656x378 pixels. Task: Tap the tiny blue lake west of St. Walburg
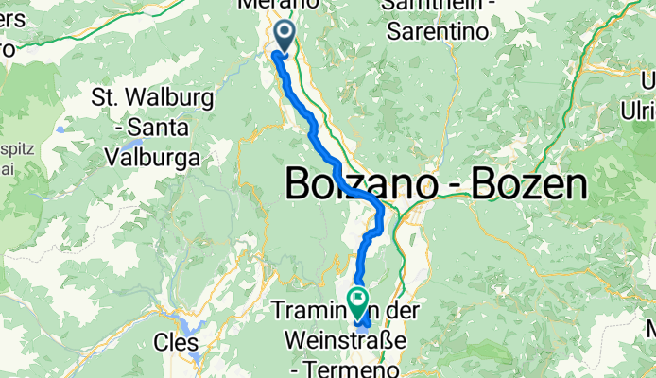[x=61, y=129]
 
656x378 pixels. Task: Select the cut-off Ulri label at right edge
[x=638, y=112]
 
